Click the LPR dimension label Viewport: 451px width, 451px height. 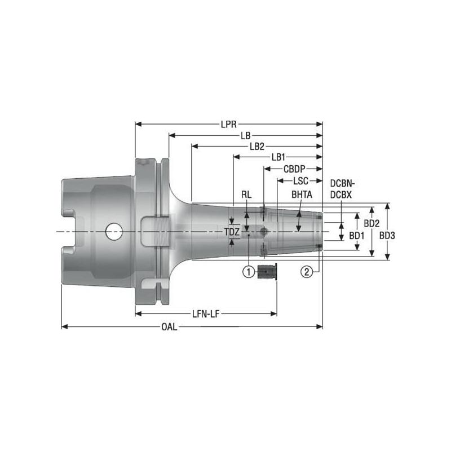click(x=228, y=123)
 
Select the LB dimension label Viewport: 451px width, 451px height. click(x=245, y=135)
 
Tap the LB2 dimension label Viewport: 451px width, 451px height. click(x=257, y=146)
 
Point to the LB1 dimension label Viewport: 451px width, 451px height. click(x=278, y=157)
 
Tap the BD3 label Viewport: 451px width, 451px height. click(x=387, y=235)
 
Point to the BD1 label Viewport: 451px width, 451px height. click(x=356, y=235)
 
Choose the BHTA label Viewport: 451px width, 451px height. click(x=302, y=194)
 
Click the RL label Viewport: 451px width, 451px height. click(x=246, y=194)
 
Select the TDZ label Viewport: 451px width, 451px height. click(x=232, y=232)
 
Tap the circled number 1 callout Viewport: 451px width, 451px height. click(x=247, y=272)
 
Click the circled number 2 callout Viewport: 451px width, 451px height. click(x=307, y=272)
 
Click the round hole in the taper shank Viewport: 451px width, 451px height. click(x=114, y=231)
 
